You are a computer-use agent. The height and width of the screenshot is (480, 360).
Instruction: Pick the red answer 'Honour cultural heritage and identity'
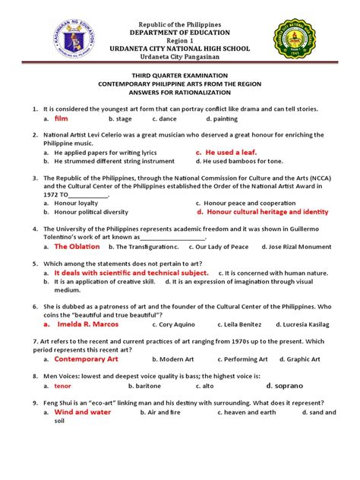(x=262, y=213)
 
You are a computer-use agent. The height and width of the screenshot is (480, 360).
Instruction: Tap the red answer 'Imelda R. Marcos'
(x=87, y=324)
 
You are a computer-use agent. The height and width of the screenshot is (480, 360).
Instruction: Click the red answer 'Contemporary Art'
(x=87, y=358)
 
